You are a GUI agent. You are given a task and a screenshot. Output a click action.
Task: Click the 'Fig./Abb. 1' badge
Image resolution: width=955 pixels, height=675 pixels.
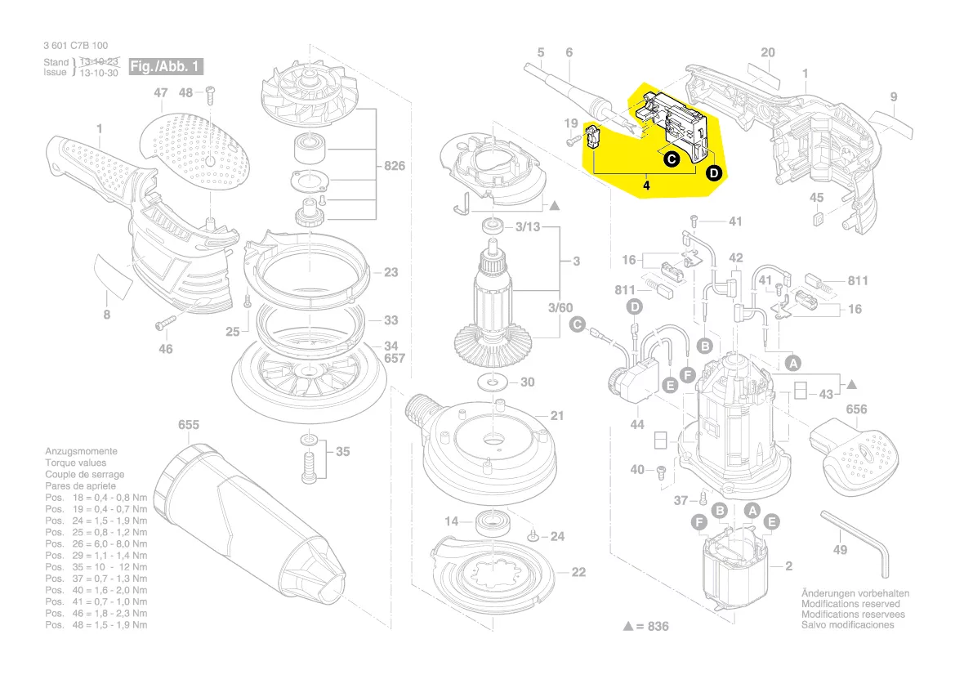pyautogui.click(x=165, y=66)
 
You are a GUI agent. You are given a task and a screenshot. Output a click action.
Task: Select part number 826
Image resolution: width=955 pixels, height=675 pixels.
pyautogui.click(x=394, y=167)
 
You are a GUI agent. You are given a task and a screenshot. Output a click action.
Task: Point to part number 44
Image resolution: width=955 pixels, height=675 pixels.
pyautogui.click(x=636, y=425)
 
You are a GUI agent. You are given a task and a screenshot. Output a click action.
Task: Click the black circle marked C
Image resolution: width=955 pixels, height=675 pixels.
pyautogui.click(x=671, y=159)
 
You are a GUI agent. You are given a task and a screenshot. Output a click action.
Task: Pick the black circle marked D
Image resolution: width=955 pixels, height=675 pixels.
pyautogui.click(x=713, y=172)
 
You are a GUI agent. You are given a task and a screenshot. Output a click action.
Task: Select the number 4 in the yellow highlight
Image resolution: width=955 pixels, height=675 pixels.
pyautogui.click(x=646, y=186)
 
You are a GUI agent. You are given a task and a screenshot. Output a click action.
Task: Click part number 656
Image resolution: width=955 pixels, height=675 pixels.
pyautogui.click(x=857, y=409)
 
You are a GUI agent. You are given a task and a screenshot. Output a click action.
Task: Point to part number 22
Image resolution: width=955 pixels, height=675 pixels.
pyautogui.click(x=578, y=572)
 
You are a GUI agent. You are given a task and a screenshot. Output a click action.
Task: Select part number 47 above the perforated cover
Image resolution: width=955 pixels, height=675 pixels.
pyautogui.click(x=160, y=94)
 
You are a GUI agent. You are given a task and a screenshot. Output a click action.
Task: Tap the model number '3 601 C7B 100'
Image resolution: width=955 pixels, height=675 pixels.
pyautogui.click(x=74, y=46)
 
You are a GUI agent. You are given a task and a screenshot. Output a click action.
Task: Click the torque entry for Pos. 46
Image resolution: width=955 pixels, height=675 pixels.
pyautogui.click(x=96, y=613)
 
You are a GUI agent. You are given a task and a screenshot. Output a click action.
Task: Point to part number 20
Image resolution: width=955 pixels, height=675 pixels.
pyautogui.click(x=767, y=53)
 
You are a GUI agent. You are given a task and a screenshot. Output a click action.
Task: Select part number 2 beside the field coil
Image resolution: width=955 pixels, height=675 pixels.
pyautogui.click(x=788, y=565)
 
